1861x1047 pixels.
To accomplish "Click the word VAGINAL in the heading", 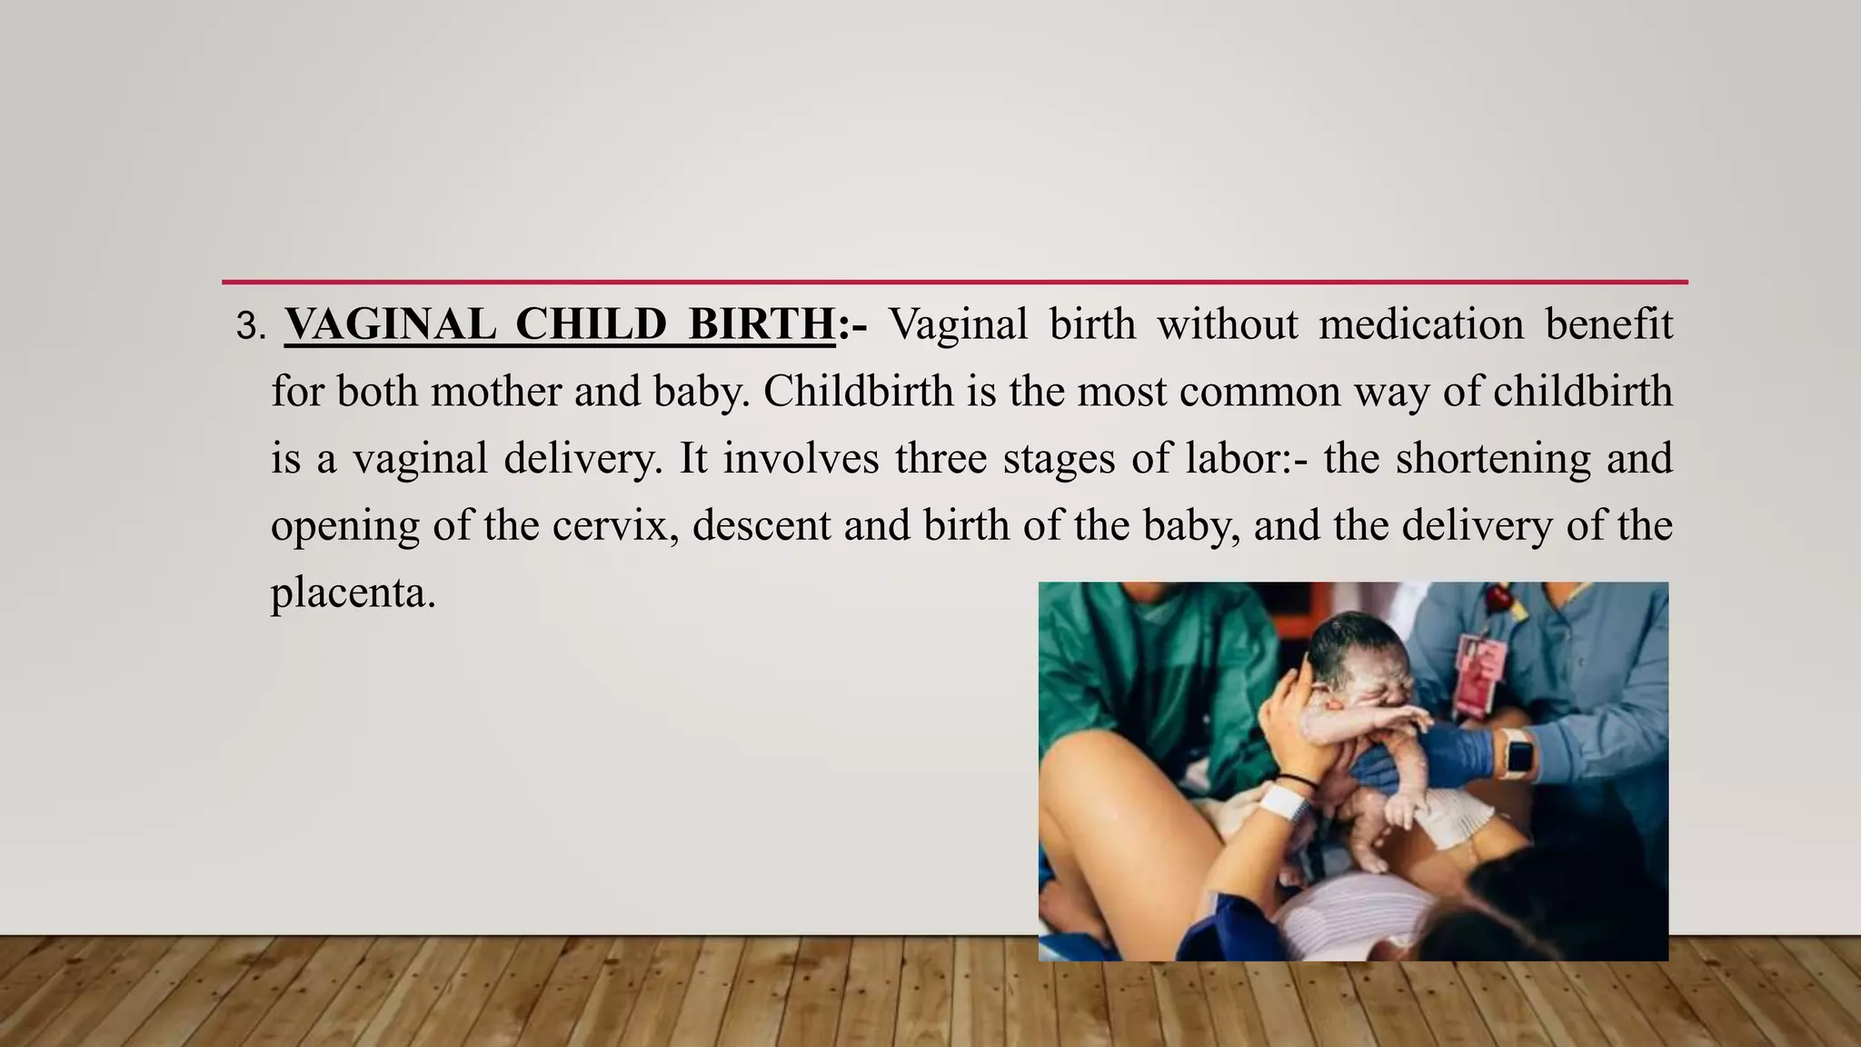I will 390,324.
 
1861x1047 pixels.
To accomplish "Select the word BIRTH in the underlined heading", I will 761,324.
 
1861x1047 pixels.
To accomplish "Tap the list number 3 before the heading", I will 247,327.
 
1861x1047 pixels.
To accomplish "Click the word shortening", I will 1493,458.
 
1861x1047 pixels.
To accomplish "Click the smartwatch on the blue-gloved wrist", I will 1518,753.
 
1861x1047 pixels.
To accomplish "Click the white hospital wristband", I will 1281,803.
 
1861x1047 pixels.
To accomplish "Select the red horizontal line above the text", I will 954,282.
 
